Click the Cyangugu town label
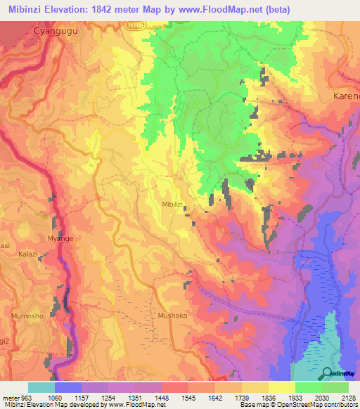(x=55, y=32)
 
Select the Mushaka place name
(x=172, y=316)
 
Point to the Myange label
(x=59, y=239)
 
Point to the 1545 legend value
(x=188, y=397)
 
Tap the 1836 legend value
(x=268, y=397)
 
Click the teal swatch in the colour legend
(x=41, y=387)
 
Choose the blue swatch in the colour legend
(x=68, y=387)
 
